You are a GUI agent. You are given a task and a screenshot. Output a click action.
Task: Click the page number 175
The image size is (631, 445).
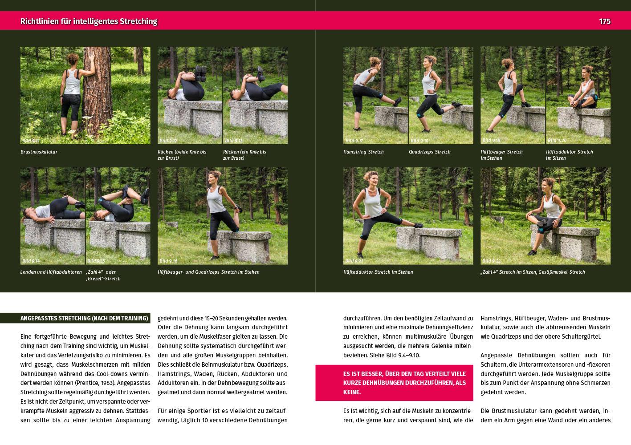coord(605,21)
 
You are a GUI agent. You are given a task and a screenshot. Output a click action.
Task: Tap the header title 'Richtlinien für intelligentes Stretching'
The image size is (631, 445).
coord(89,21)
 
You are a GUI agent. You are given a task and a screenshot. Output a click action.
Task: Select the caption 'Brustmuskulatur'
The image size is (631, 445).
coord(39,152)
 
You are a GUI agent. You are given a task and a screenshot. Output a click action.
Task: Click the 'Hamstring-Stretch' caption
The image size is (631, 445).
coord(363,152)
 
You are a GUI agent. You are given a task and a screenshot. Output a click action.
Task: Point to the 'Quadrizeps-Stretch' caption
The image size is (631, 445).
coord(430,152)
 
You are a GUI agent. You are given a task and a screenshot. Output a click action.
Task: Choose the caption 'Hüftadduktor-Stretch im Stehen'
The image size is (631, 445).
coord(378,272)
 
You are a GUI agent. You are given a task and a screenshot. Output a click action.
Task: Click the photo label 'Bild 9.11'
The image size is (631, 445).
coord(31,141)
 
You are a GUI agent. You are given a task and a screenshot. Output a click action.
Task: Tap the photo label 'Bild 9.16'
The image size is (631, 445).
coord(168,261)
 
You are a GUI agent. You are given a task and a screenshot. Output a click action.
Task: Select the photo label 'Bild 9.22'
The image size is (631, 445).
coord(492,261)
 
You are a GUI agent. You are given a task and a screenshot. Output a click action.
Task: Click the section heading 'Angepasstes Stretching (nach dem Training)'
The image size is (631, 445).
coord(84,318)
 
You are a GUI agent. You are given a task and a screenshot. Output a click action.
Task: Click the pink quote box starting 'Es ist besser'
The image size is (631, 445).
coord(394,383)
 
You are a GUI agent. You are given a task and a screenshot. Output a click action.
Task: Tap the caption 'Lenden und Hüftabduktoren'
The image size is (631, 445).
coord(51,272)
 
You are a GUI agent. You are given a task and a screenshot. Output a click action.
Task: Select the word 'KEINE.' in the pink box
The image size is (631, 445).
coord(352,392)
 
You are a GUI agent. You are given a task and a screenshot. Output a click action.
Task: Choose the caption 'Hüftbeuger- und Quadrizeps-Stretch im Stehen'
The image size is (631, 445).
coord(208,272)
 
